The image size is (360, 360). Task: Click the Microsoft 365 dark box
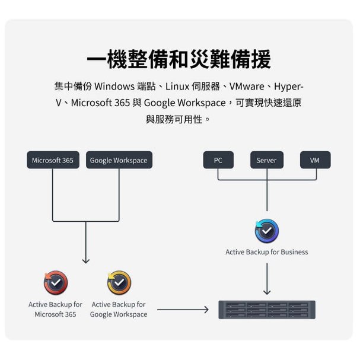pos(53,160)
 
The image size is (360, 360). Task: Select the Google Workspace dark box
pos(119,160)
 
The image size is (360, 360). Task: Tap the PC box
pos(218,160)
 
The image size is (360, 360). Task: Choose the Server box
pos(267,160)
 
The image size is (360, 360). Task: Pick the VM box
pos(316,160)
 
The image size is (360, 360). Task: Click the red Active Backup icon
pos(56,283)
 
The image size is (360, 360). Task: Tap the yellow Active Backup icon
pos(119,283)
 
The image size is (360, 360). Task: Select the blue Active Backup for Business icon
pos(267,231)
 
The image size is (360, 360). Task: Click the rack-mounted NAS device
pos(267,310)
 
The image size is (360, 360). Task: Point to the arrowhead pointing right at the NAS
pos(206,310)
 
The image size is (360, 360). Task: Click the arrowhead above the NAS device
pos(267,292)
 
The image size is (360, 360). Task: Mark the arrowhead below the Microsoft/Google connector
pos(86,262)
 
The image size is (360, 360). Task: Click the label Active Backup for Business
pos(267,252)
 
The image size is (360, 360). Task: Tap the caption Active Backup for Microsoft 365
pos(55,309)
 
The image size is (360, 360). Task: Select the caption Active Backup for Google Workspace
pos(119,309)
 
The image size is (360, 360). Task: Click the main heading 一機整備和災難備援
pos(179,59)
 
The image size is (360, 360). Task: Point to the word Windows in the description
pos(114,87)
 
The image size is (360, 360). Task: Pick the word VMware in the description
pos(247,87)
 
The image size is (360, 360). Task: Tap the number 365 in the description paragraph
pos(122,103)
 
